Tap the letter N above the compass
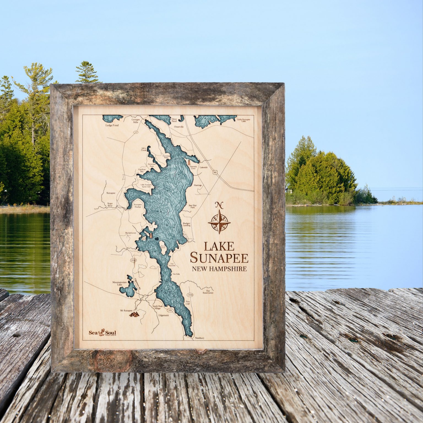point(219,205)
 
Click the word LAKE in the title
point(219,246)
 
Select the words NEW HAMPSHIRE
point(219,269)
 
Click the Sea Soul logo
point(102,333)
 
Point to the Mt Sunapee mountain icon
point(135,314)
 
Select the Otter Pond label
point(174,120)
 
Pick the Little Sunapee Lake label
point(243,120)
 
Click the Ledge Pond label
point(112,125)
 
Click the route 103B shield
point(134,260)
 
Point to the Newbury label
point(199,338)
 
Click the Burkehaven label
point(131,233)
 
